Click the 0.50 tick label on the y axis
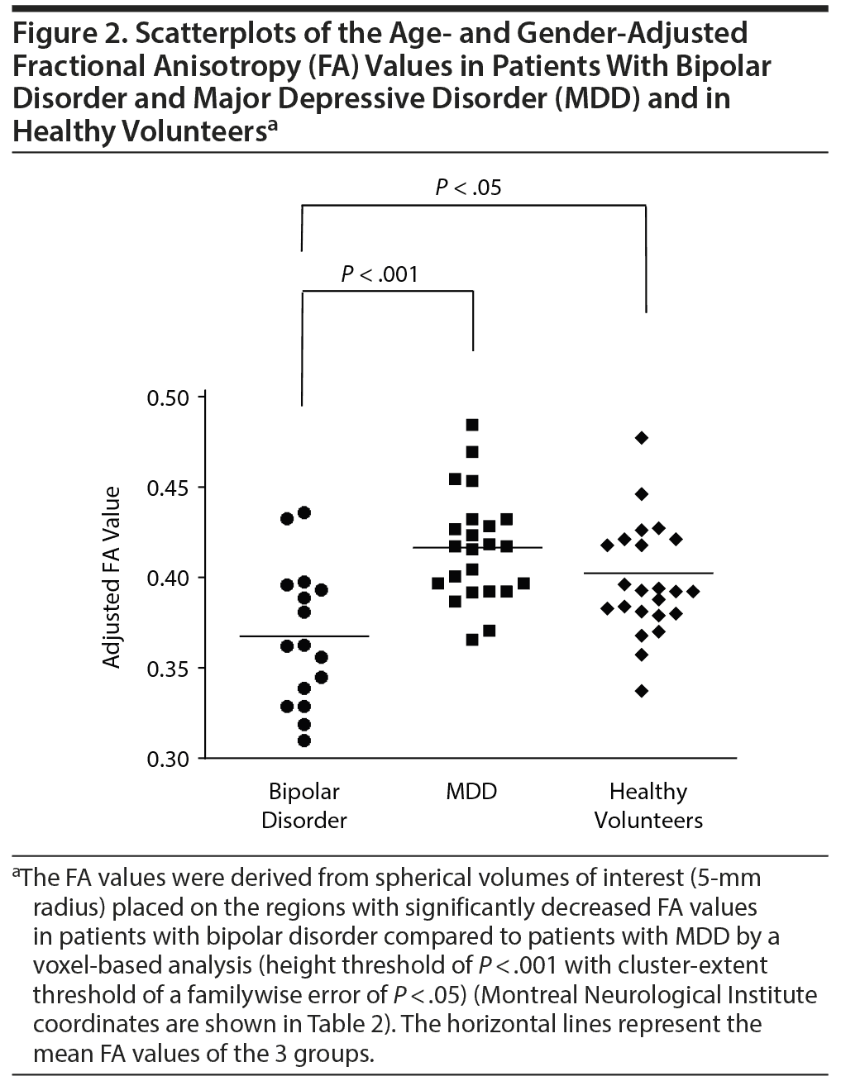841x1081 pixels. tap(168, 398)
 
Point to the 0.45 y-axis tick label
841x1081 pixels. tap(168, 488)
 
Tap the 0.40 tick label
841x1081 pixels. tap(168, 578)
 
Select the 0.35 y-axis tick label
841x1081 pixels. tap(168, 668)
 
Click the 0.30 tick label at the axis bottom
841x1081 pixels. tap(168, 758)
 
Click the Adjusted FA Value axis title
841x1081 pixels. tap(112, 577)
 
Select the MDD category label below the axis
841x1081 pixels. tap(471, 792)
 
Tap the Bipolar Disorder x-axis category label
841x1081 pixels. tap(303, 806)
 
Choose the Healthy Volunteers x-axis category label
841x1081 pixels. tap(648, 806)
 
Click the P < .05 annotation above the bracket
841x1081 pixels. tap(468, 188)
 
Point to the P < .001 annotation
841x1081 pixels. tap(380, 274)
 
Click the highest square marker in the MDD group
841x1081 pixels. tap(472, 425)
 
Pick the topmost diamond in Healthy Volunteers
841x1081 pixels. tap(641, 437)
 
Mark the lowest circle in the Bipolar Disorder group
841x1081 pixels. tap(303, 741)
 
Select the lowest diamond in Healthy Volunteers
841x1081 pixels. tap(641, 691)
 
